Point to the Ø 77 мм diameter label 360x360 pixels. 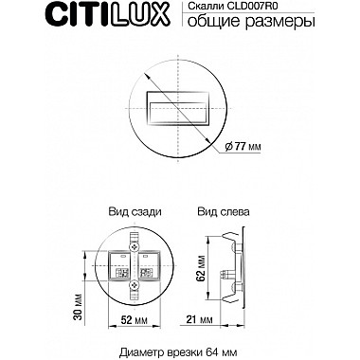(x=249, y=146)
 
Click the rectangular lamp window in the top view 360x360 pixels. (x=180, y=106)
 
